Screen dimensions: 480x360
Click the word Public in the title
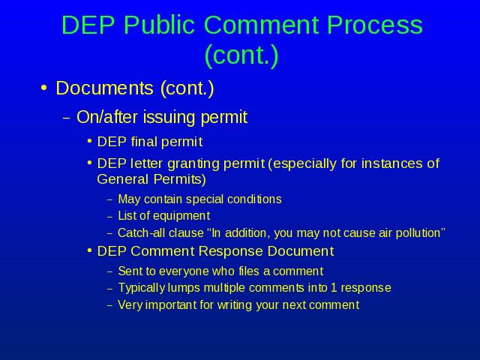point(159,25)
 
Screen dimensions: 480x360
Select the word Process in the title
point(375,25)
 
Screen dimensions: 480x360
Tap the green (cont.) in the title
point(241,55)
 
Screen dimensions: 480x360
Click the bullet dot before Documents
point(43,88)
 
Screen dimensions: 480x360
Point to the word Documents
point(104,88)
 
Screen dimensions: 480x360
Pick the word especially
point(305,163)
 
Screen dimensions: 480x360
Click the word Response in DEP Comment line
point(231,251)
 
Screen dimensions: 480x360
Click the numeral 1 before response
point(334,288)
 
